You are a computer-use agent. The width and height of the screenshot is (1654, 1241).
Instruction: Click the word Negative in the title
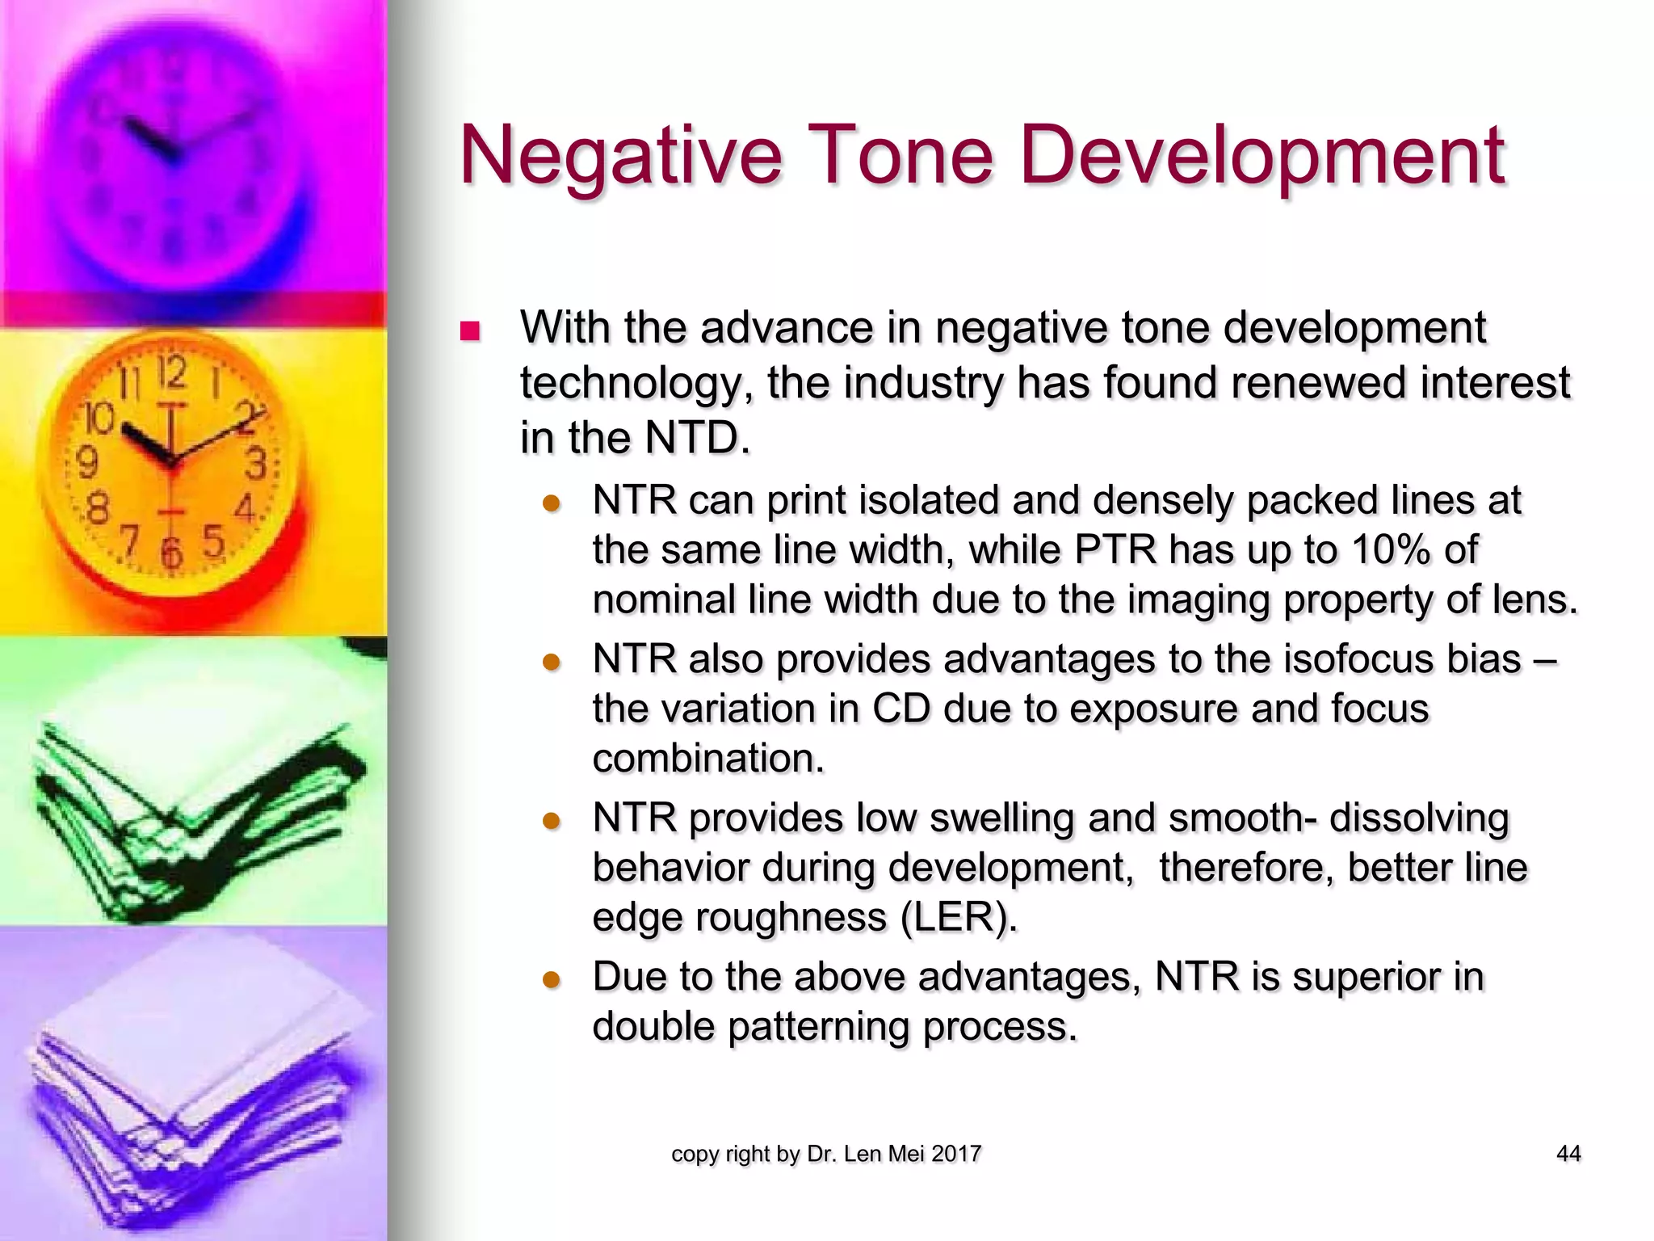[620, 155]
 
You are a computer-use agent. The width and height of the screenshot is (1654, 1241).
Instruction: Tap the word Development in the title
[1261, 155]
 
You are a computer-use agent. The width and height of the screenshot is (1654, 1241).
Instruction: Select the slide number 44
[1568, 1154]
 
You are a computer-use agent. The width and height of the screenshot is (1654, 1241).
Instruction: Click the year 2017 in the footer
[955, 1154]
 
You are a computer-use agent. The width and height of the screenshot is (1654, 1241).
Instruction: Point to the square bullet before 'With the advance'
[469, 331]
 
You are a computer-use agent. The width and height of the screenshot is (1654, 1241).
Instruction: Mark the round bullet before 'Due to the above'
[552, 980]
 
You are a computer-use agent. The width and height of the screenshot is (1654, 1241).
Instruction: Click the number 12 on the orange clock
[171, 373]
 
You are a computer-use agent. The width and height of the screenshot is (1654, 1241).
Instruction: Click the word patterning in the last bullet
[818, 1027]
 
